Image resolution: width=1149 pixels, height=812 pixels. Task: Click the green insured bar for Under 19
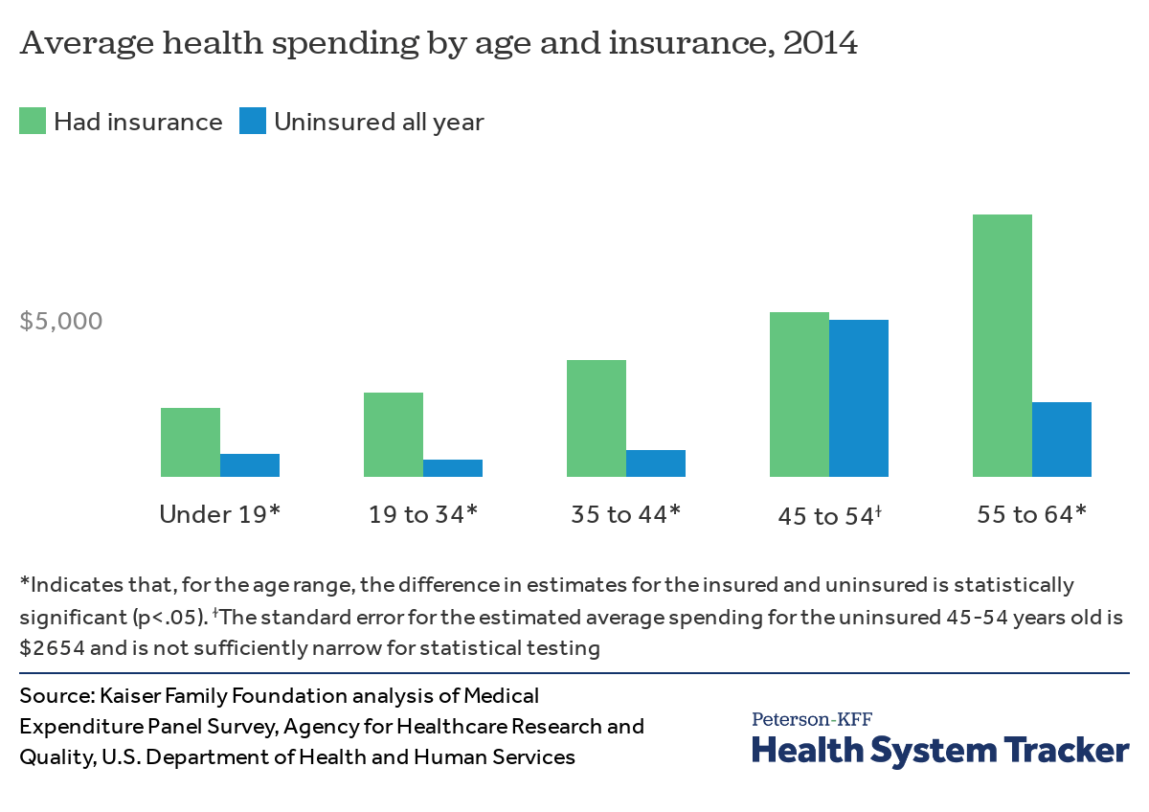[191, 442]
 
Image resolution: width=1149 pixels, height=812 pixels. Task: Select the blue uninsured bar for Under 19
[250, 465]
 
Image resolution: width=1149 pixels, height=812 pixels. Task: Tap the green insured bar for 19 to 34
[394, 435]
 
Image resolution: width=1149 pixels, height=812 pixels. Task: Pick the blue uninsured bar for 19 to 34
[453, 468]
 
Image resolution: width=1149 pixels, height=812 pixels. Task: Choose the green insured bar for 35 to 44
[597, 418]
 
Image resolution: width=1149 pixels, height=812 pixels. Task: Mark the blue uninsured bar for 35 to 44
[656, 463]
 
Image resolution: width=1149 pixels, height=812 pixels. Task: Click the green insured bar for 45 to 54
[800, 395]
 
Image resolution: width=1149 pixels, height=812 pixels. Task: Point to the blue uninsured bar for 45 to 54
[859, 398]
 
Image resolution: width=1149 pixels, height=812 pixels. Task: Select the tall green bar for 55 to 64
[1003, 346]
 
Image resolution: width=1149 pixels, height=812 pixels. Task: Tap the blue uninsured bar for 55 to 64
[1062, 440]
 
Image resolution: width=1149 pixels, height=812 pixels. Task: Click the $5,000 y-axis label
[61, 321]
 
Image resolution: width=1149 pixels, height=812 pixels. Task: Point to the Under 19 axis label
[219, 514]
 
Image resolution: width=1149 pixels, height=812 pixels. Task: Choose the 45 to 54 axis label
[828, 516]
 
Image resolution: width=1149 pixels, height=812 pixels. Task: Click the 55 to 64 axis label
[1031, 514]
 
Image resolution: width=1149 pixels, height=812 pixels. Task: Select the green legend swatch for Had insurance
[33, 122]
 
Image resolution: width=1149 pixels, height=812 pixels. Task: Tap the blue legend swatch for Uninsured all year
[252, 122]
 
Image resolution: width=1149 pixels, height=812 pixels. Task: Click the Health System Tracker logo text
[940, 749]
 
